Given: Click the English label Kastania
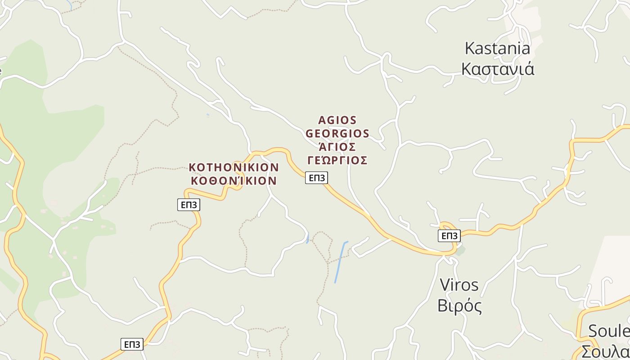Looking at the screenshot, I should (497, 48).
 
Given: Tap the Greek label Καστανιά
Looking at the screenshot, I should (498, 69).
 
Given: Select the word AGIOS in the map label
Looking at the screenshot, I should (337, 120).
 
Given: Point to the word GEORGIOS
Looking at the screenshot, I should (337, 134).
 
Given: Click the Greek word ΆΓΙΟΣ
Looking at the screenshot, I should (337, 147).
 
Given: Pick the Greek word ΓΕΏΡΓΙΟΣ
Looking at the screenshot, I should (337, 160).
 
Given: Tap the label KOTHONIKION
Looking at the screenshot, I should (234, 167).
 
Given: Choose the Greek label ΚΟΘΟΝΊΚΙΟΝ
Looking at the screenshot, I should (234, 181).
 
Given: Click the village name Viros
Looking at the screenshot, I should (459, 285).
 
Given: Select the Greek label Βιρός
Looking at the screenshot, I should (459, 306).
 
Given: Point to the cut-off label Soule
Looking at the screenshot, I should (608, 331).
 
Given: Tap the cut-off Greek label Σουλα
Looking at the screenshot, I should (605, 351).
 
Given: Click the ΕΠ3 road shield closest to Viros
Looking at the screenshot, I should (449, 236).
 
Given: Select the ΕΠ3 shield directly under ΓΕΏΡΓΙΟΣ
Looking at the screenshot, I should (316, 178).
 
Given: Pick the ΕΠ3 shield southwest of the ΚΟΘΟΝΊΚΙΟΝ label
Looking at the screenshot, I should (189, 205).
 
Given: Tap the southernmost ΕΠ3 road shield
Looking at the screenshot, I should (132, 344).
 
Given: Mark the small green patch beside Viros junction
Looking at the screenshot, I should (459, 250).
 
